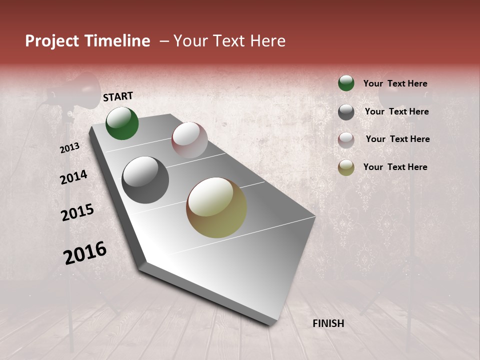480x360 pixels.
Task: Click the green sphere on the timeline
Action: point(122,123)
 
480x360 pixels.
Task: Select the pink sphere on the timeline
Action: point(189,140)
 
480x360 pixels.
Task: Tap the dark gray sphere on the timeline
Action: point(145,180)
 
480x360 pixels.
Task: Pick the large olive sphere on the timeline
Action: point(216,207)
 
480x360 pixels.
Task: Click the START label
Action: point(118,96)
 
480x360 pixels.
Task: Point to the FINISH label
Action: point(328,323)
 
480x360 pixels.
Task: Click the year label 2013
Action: point(70,148)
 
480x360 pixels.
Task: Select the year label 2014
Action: point(74,177)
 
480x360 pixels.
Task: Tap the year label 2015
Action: point(77,212)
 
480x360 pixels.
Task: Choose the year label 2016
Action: point(85,252)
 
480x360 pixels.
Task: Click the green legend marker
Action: point(346,83)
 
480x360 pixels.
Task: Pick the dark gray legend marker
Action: point(346,112)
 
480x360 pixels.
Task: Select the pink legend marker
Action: point(346,140)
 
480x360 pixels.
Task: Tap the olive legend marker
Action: point(346,167)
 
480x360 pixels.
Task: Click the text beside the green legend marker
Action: point(395,83)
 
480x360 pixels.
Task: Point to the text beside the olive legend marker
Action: point(395,167)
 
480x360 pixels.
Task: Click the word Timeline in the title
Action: point(117,41)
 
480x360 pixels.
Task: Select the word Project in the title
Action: point(51,41)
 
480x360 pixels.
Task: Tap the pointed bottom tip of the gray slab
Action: point(270,323)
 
